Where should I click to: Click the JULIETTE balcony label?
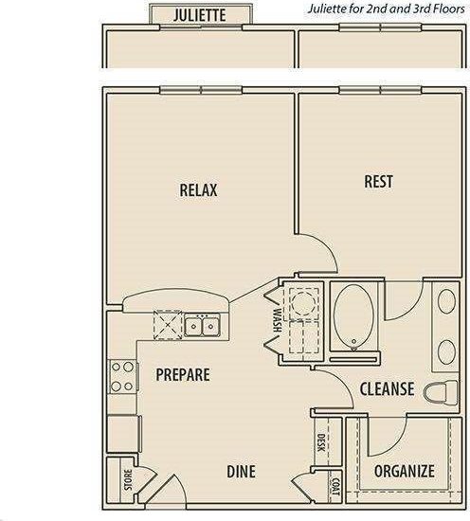200,15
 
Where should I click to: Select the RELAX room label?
198,190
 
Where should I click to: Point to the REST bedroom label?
378,182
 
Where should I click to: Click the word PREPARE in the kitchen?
182,374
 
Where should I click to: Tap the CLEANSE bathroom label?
387,388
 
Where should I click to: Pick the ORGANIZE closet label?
404,471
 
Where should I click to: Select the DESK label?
321,442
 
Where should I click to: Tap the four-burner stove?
121,377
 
